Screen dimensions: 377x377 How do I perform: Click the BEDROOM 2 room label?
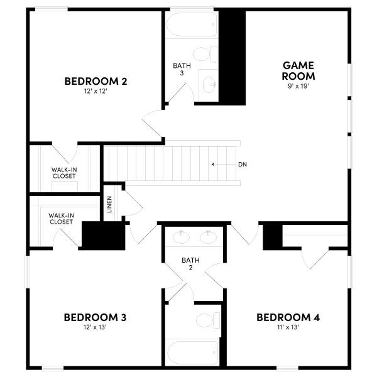pyautogui.click(x=96, y=81)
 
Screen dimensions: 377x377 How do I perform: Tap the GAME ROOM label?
pyautogui.click(x=298, y=70)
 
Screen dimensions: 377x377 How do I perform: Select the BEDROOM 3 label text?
pyautogui.click(x=95, y=317)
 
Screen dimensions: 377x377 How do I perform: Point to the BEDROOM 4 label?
pyautogui.click(x=288, y=317)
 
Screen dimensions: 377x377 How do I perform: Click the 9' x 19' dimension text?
pyautogui.click(x=298, y=87)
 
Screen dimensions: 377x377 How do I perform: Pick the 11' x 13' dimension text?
pyautogui.click(x=288, y=327)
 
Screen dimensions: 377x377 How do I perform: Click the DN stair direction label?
pyautogui.click(x=242, y=165)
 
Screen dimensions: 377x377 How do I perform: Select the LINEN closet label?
pyautogui.click(x=109, y=204)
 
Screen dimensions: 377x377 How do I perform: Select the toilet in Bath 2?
pyautogui.click(x=207, y=320)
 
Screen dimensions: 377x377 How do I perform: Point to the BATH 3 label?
pyautogui.click(x=178, y=69)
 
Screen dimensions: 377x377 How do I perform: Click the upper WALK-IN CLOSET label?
pyautogui.click(x=64, y=172)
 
